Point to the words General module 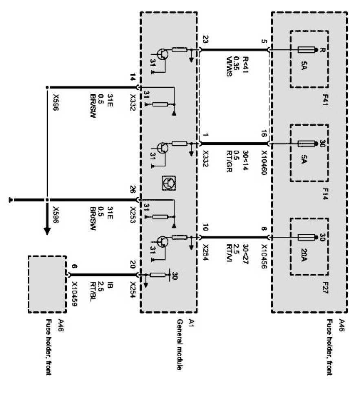(x=179, y=344)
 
